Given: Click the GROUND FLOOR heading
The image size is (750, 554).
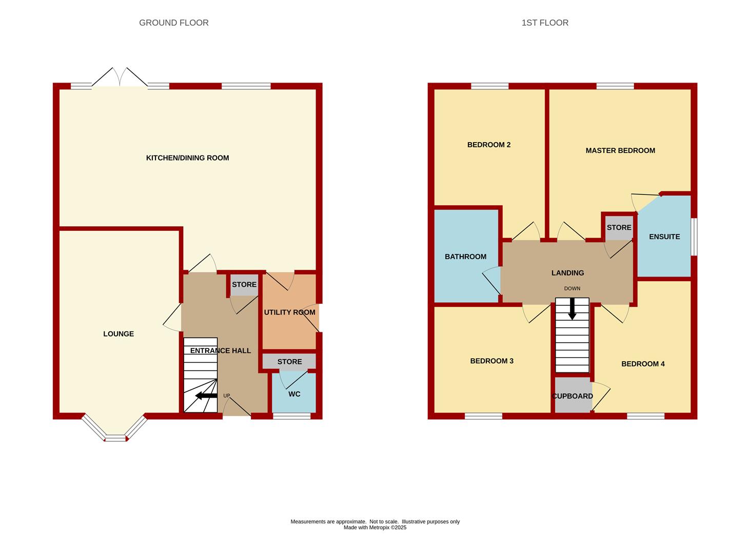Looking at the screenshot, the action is (x=173, y=23).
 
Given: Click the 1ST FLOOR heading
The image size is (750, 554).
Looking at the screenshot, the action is (x=545, y=23).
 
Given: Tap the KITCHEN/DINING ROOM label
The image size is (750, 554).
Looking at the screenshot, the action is (x=187, y=157).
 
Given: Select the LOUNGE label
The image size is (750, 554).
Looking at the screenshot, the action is (x=119, y=334).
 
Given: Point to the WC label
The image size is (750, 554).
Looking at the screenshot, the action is (x=294, y=394).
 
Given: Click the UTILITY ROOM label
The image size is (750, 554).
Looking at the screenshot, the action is (x=289, y=312).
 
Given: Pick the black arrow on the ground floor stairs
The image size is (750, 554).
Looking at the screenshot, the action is (x=206, y=395).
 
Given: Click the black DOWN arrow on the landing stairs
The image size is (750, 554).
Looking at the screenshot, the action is (x=572, y=308).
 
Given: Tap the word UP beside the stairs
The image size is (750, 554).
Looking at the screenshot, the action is (x=226, y=395).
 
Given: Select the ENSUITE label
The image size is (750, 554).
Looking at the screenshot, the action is (x=664, y=237).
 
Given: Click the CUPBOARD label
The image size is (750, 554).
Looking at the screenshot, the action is (x=573, y=396).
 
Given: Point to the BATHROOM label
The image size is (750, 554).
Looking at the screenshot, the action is (x=465, y=256).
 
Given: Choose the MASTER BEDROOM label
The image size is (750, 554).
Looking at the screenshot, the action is (x=620, y=150).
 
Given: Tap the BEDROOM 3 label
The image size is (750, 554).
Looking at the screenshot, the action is (x=491, y=361).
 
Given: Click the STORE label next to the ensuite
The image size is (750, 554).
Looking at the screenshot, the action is (x=619, y=228).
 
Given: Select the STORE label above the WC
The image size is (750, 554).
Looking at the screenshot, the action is (x=289, y=362).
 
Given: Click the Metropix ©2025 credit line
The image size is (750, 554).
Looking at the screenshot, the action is (x=375, y=527).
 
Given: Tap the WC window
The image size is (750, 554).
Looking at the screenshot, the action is (x=291, y=416).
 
